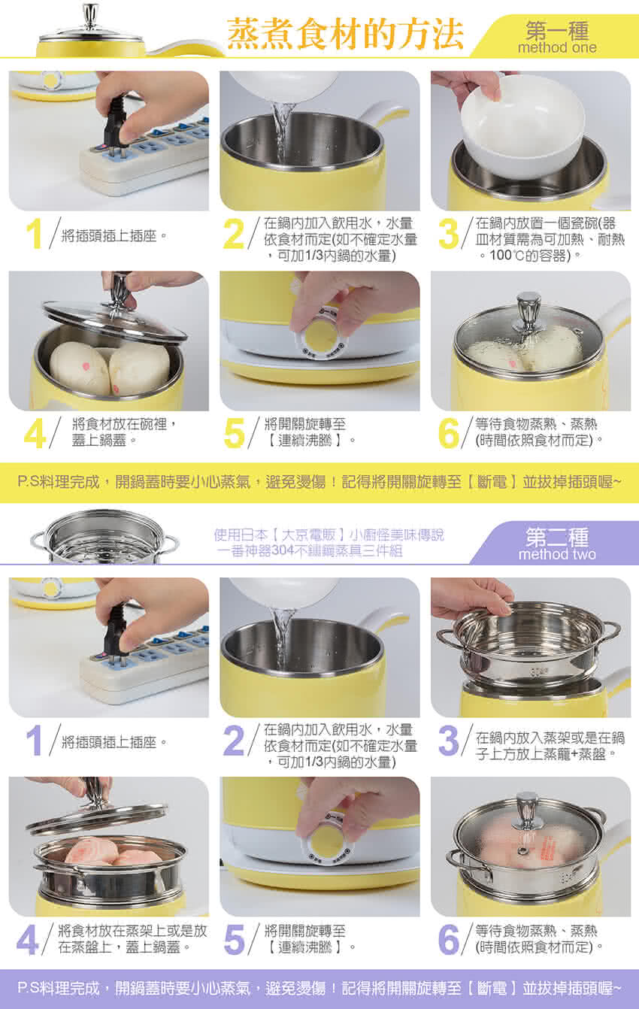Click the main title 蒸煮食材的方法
pos(345,35)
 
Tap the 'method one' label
pos(557,47)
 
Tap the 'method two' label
pos(557,554)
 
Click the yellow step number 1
pos(34,234)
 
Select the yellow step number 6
pos(449,433)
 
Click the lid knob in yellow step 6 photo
pos(528,311)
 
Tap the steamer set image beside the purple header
pos(104,537)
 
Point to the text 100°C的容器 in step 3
pos(530,256)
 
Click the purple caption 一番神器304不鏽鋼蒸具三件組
pos(310,551)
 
